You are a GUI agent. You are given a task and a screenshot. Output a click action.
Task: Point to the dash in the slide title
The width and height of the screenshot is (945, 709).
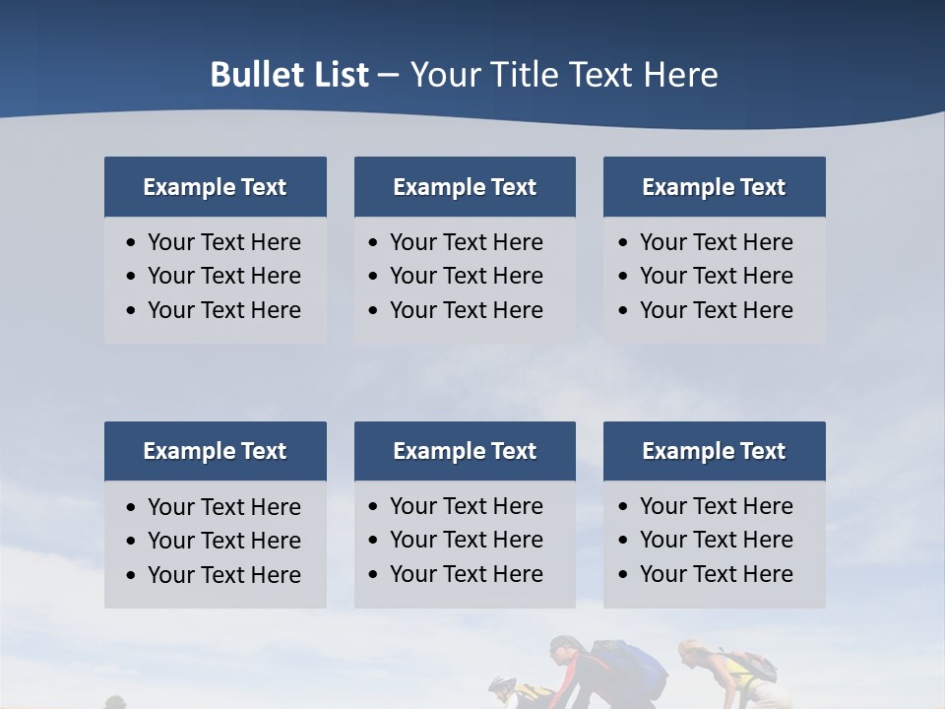(x=388, y=76)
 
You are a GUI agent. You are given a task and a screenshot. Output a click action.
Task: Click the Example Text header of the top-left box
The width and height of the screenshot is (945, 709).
(x=215, y=187)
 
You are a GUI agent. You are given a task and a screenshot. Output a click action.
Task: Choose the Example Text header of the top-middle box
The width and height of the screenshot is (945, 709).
(x=465, y=187)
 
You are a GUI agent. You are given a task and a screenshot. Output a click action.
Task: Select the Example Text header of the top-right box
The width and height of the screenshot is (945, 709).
(x=714, y=187)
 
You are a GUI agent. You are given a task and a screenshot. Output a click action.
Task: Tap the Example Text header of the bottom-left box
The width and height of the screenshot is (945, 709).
(x=215, y=451)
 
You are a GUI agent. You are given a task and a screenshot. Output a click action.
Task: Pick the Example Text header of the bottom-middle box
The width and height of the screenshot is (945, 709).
(x=465, y=451)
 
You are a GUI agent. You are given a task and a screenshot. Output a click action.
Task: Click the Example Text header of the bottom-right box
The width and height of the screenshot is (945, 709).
(x=714, y=451)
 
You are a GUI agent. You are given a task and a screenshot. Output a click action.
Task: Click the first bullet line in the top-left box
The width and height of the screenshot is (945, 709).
(x=223, y=242)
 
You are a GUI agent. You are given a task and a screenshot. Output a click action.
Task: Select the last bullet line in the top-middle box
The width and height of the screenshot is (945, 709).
(x=466, y=310)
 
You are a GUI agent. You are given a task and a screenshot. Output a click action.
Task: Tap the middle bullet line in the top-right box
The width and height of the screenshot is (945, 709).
(x=716, y=276)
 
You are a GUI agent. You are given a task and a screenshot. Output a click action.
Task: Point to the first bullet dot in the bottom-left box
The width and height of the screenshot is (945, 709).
(x=132, y=508)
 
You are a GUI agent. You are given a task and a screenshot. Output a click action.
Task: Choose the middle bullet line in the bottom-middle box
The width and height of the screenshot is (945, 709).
(x=466, y=540)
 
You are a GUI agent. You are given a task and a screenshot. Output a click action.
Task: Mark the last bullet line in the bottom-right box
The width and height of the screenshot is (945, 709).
(x=716, y=574)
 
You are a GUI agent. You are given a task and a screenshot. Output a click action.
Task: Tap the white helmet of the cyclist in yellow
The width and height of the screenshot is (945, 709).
(x=501, y=683)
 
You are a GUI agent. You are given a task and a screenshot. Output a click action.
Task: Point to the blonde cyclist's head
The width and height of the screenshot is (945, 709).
(x=691, y=654)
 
